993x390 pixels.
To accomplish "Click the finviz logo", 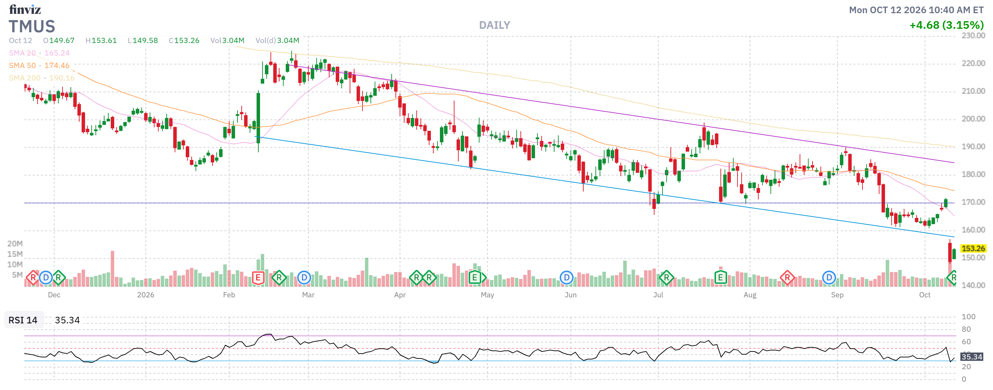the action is [25, 9].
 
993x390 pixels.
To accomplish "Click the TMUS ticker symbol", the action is [32, 27].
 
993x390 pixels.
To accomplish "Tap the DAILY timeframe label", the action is [494, 25].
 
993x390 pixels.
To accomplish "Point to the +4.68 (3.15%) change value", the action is [946, 25].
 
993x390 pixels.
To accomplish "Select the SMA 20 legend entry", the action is [39, 53].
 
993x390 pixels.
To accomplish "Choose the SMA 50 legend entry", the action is [39, 66].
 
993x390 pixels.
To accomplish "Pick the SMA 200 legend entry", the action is [42, 78].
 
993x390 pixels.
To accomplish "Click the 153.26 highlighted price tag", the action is [973, 248].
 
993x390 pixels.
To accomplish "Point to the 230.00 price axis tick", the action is [973, 35].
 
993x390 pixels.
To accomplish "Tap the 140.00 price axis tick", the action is [973, 285].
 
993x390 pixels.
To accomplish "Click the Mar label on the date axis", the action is [308, 295].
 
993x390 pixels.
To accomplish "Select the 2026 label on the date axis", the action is [146, 295].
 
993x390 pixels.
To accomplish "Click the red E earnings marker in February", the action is [258, 278].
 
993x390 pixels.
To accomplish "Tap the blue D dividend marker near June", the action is [566, 278].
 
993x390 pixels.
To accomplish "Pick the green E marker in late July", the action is [720, 278].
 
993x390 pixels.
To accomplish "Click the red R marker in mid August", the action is [787, 278].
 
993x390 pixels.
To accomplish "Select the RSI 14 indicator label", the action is [23, 320].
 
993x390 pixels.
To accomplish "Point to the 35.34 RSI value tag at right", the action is [971, 357].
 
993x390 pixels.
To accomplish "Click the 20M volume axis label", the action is [15, 244].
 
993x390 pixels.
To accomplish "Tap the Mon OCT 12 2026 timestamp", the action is [916, 10].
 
